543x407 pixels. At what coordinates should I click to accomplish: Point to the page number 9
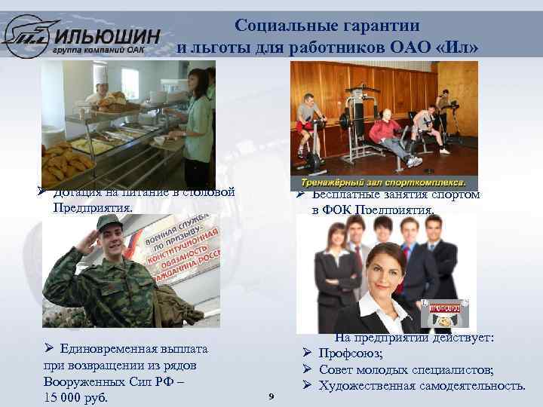pos(271,396)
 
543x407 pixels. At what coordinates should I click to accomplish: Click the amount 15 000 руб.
pos(75,397)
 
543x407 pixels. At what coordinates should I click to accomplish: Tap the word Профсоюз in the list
pos(350,353)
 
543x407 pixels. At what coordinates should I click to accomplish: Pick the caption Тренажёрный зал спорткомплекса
pos(383,182)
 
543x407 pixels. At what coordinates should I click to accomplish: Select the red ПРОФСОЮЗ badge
pos(442,308)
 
